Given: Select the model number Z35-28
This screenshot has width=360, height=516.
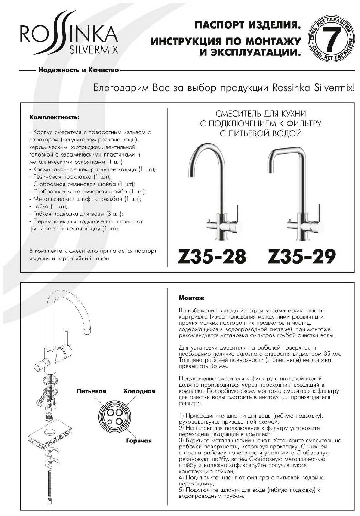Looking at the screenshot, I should pyautogui.click(x=212, y=256).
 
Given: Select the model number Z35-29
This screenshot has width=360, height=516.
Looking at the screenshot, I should pyautogui.click(x=301, y=256).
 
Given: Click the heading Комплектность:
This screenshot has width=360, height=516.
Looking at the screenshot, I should pyautogui.click(x=55, y=117).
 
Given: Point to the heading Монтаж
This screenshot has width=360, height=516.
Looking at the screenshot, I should pyautogui.click(x=192, y=298).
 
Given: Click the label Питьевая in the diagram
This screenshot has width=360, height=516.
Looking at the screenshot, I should pyautogui.click(x=91, y=391).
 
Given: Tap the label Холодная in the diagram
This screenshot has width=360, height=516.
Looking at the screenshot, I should pyautogui.click(x=139, y=391).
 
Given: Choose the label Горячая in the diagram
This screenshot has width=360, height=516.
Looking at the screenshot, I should pyautogui.click(x=139, y=441).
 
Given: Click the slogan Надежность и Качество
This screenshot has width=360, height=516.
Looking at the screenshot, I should pyautogui.click(x=78, y=70).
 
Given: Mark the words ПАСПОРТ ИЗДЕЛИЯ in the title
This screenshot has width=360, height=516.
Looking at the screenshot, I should pyautogui.click(x=246, y=25).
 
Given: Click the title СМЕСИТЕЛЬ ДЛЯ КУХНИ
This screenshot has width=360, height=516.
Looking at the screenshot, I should pyautogui.click(x=260, y=114).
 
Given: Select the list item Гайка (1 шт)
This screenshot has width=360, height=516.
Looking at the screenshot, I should pyautogui.click(x=48, y=206).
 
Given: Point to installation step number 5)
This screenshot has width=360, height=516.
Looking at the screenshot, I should pyautogui.click(x=182, y=490).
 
